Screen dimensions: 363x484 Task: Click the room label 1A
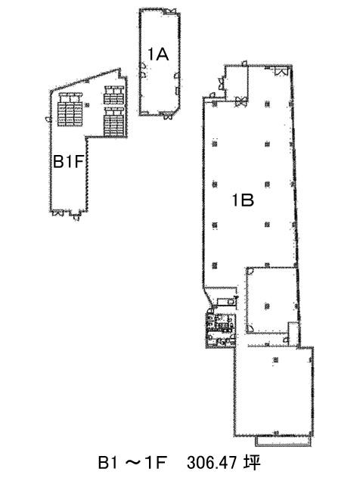click(158, 54)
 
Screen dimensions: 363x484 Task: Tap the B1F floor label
click(69, 161)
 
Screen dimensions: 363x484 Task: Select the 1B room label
click(243, 200)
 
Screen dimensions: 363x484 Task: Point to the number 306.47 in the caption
click(212, 463)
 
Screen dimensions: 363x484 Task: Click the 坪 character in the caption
click(252, 463)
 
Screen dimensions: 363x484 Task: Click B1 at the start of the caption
click(107, 463)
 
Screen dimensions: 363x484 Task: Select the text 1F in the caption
click(157, 463)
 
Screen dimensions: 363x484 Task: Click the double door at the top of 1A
click(169, 11)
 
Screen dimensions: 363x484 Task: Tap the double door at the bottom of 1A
click(166, 116)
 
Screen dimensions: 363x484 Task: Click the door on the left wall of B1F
click(48, 119)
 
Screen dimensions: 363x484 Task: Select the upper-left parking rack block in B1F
click(70, 109)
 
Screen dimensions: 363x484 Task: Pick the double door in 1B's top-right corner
click(281, 71)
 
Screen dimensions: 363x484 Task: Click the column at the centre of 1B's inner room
click(267, 306)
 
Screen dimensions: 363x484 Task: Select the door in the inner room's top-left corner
click(250, 271)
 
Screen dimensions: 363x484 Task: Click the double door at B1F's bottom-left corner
click(57, 213)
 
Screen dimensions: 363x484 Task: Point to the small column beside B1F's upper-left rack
click(88, 105)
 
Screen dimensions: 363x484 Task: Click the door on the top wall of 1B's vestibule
click(244, 64)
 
